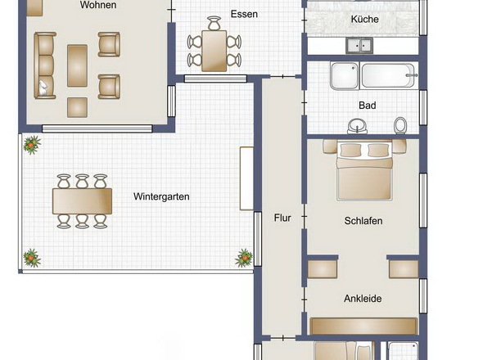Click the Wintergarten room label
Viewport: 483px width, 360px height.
click(161, 197)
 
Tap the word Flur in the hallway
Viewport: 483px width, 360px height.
click(282, 218)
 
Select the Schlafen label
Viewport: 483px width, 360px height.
click(363, 221)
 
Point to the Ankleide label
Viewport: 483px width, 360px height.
click(363, 299)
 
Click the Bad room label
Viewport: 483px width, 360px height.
click(368, 106)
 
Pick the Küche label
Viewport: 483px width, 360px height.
click(365, 19)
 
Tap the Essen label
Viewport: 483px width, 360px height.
click(244, 14)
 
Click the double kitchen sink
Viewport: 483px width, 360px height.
click(359, 45)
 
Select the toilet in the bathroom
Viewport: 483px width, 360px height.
click(400, 125)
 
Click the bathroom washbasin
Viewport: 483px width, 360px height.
click(357, 126)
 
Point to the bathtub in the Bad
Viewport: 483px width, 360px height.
click(389, 76)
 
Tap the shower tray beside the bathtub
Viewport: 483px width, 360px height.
click(345, 76)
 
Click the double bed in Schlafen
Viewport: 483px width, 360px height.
click(364, 170)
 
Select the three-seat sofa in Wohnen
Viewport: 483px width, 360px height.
click(45, 65)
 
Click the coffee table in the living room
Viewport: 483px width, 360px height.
click(77, 65)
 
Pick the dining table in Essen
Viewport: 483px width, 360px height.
click(214, 51)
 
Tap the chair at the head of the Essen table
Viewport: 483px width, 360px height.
click(214, 24)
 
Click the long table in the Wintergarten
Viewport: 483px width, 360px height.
click(82, 201)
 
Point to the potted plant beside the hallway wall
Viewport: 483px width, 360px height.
click(245, 258)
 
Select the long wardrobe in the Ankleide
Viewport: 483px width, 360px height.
click(363, 326)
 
